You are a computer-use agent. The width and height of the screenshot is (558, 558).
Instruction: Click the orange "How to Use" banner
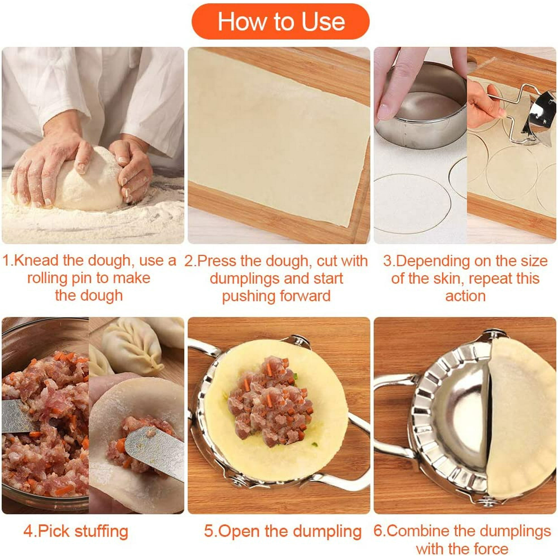(280, 21)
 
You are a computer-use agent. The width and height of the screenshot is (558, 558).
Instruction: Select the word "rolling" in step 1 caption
(47, 278)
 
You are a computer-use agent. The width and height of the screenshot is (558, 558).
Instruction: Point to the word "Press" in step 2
(216, 261)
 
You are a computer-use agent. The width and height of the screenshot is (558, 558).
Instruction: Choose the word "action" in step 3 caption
(465, 296)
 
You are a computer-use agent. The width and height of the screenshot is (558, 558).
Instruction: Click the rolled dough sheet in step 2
(277, 136)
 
